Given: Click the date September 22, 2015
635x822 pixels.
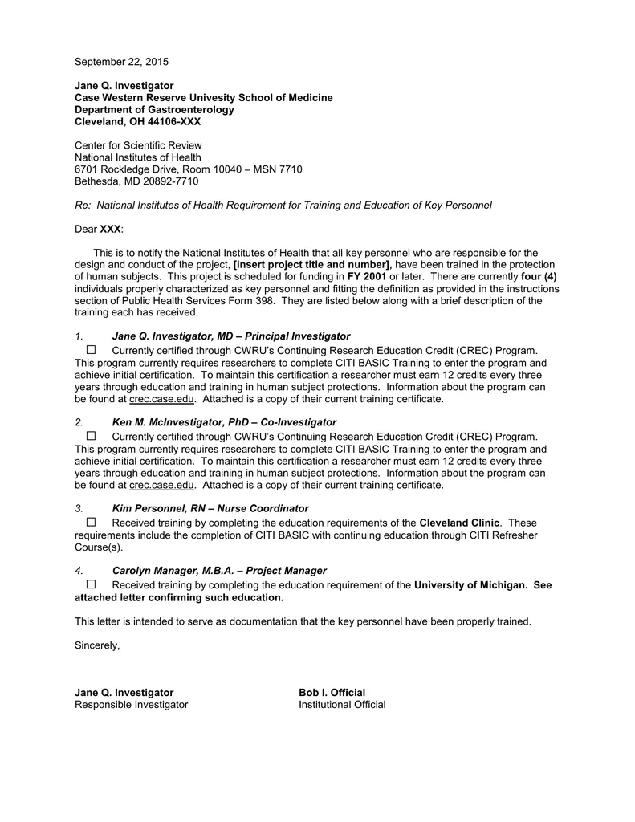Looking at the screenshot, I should (121, 62).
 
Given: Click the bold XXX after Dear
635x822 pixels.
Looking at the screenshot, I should (110, 230).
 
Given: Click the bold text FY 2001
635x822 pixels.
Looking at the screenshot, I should (367, 277).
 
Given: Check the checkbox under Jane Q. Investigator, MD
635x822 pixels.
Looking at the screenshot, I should (91, 350).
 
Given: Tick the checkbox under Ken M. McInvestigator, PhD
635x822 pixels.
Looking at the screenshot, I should (91, 436).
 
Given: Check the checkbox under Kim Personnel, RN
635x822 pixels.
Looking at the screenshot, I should (91, 523).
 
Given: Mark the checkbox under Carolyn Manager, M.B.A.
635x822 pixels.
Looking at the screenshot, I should (91, 584).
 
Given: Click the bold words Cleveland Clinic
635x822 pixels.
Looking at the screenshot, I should (459, 523).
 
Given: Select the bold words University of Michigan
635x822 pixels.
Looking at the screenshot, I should (470, 585).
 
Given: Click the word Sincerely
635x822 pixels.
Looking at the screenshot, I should (97, 645).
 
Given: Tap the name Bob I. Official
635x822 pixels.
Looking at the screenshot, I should (332, 692).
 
